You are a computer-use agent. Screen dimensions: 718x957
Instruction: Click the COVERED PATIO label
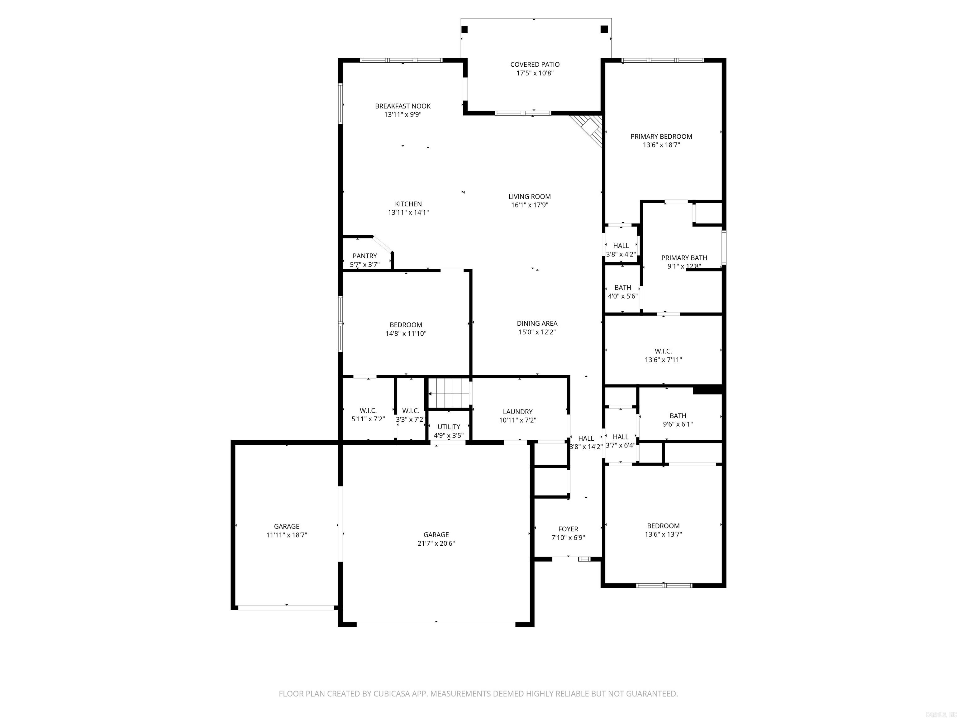tap(535, 65)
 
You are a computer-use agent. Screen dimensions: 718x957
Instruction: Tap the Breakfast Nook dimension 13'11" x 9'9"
tap(403, 115)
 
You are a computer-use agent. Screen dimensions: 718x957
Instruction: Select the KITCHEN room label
tap(408, 204)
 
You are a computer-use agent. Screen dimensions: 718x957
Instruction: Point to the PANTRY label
tap(365, 256)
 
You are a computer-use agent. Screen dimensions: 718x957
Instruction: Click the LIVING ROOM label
tap(530, 197)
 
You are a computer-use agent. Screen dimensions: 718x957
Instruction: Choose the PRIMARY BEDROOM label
tap(661, 136)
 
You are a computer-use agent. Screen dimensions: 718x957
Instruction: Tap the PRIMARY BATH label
tap(684, 257)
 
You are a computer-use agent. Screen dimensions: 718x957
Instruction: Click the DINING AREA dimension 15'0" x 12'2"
tap(537, 332)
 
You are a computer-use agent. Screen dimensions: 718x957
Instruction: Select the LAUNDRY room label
tap(517, 412)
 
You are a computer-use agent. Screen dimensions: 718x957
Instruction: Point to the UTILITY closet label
tap(449, 427)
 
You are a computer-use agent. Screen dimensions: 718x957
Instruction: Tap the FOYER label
tap(568, 529)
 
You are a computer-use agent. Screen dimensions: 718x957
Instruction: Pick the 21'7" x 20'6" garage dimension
tap(436, 543)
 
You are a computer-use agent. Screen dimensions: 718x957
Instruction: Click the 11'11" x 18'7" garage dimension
tap(286, 535)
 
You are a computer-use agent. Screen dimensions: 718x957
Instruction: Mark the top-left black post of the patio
tap(465, 29)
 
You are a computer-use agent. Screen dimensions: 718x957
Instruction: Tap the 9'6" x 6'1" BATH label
tap(678, 416)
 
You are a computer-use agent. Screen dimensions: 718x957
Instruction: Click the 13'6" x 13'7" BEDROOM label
tap(663, 526)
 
